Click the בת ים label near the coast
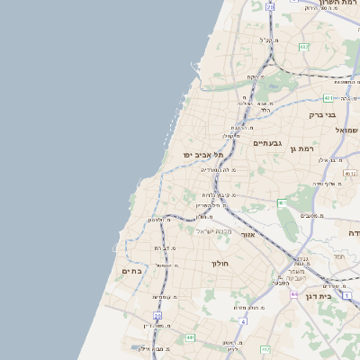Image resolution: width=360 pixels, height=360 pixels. (x=131, y=271)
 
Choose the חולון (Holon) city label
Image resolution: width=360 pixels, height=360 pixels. (x=221, y=264)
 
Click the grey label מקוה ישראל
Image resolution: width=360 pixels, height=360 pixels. (x=214, y=231)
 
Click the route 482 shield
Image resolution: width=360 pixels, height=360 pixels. (x=304, y=47)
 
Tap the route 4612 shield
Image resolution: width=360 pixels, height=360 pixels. (x=350, y=174)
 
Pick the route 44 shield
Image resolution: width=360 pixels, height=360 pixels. (x=294, y=293)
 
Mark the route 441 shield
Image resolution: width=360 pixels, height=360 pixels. (x=191, y=337)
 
